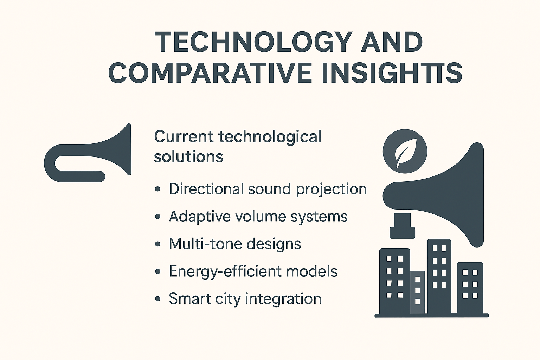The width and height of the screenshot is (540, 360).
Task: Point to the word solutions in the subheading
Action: coord(188,157)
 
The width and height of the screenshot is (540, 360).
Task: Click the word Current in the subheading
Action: coord(184,137)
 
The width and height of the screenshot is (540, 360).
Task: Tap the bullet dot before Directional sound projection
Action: coord(158,189)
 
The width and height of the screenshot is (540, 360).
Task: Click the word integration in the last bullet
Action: coord(283,299)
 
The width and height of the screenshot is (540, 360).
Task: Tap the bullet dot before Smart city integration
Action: coord(158,299)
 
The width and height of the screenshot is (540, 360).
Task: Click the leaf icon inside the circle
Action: coord(405,153)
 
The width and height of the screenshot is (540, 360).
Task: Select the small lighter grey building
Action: coord(417,292)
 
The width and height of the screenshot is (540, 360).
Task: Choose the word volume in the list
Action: coord(261,216)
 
